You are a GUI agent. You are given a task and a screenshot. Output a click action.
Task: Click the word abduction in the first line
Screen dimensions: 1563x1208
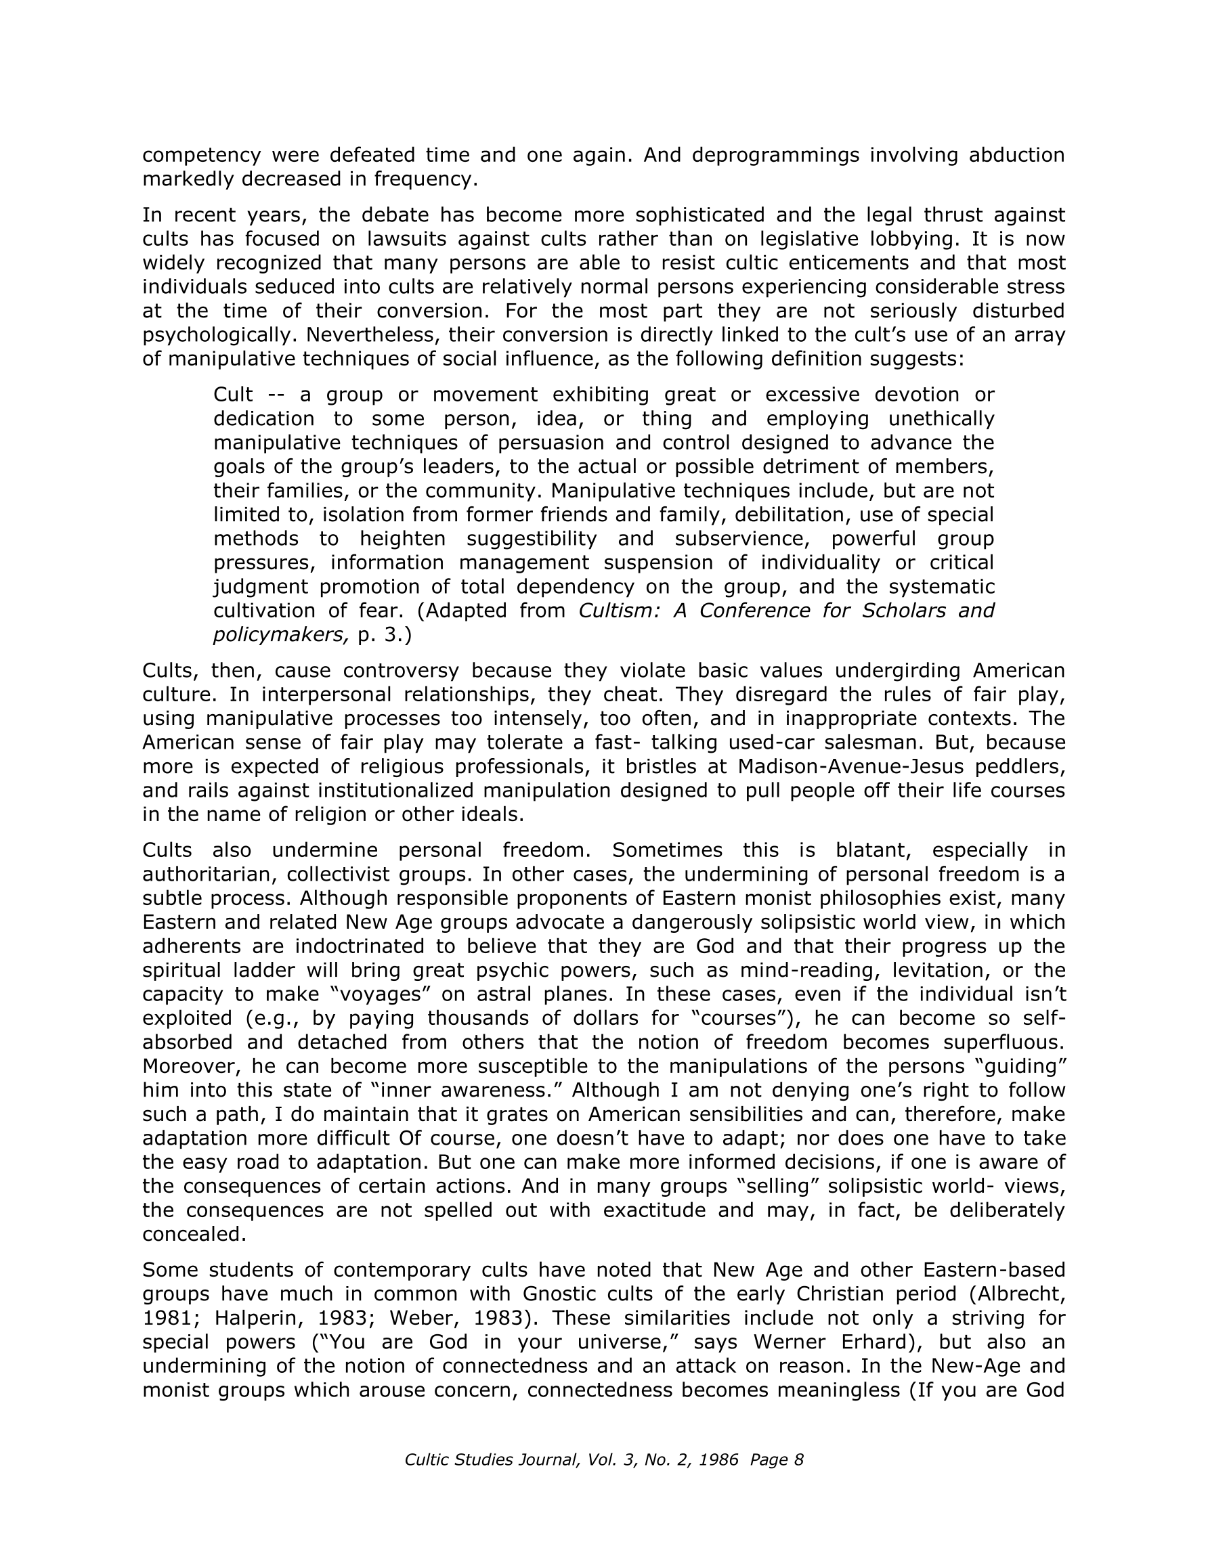1016,154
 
